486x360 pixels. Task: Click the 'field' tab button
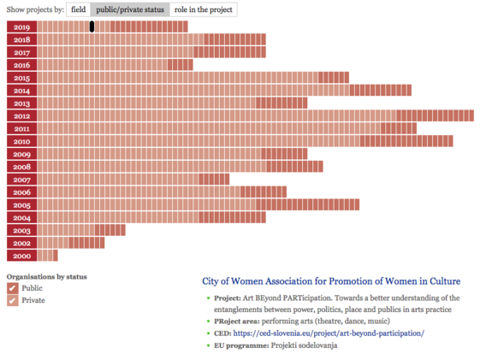point(79,9)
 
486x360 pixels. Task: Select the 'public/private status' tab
point(130,9)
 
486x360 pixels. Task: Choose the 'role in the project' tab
point(204,9)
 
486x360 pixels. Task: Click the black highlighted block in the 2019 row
point(92,27)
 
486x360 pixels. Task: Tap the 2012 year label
point(21,116)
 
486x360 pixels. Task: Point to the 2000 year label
point(21,256)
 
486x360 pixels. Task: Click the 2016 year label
point(21,65)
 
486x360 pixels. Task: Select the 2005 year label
point(21,205)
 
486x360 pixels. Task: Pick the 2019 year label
point(21,27)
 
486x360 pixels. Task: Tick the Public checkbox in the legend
point(12,288)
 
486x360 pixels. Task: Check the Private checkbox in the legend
point(12,300)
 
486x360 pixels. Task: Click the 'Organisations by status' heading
point(47,277)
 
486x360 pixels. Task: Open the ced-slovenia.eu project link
point(329,333)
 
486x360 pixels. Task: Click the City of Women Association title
point(331,281)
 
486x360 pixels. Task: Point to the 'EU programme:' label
point(241,345)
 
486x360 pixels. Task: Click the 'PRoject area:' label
point(236,322)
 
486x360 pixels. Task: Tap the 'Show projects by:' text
point(35,9)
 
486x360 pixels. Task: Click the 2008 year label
point(21,167)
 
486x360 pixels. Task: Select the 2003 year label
point(21,231)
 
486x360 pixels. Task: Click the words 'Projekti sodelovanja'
point(304,345)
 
